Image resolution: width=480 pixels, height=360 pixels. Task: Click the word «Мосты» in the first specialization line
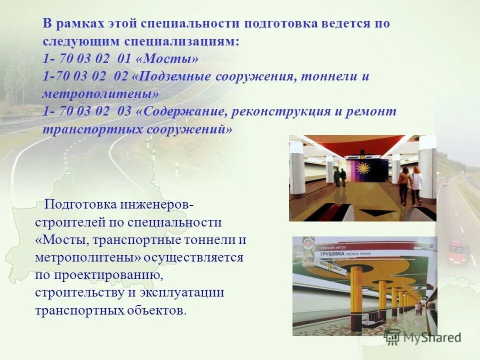click(x=170, y=58)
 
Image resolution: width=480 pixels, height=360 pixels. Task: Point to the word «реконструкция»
click(x=282, y=111)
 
